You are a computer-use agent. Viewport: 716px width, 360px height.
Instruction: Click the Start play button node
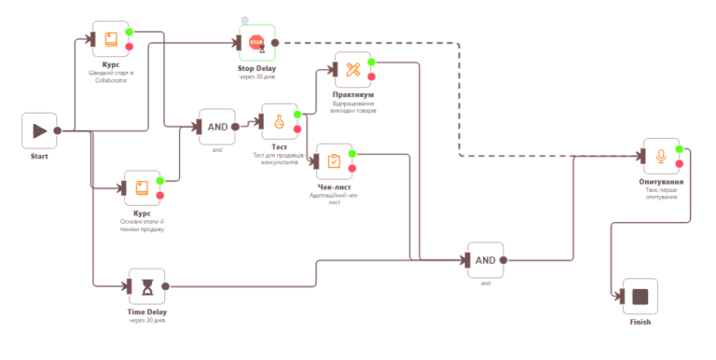click(x=39, y=131)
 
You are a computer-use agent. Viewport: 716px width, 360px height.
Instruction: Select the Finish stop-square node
click(x=640, y=297)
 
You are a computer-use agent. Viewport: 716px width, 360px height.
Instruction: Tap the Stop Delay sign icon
click(x=256, y=42)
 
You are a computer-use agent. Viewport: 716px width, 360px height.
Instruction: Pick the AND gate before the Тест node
click(x=216, y=127)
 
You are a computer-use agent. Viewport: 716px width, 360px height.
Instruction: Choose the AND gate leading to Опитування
click(x=485, y=260)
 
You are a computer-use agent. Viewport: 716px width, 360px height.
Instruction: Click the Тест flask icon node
click(x=279, y=121)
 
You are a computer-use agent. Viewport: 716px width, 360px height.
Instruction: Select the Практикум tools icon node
click(x=352, y=70)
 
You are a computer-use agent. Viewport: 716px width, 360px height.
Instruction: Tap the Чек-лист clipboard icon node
click(x=335, y=161)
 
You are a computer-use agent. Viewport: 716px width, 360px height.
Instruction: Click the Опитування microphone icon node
click(x=661, y=156)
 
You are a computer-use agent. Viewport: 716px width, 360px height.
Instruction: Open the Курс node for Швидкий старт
click(x=111, y=39)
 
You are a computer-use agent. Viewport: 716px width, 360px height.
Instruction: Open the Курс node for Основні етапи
click(x=142, y=187)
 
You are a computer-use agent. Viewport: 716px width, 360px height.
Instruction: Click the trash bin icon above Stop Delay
click(x=244, y=20)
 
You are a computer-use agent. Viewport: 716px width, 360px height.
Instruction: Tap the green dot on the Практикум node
click(x=371, y=62)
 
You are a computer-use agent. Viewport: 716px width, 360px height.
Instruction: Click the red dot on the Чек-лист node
click(x=353, y=170)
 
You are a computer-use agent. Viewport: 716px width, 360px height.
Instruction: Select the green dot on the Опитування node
click(x=680, y=148)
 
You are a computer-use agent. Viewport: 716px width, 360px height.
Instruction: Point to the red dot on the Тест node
click(x=297, y=130)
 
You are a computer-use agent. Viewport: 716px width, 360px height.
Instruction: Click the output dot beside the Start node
click(x=58, y=131)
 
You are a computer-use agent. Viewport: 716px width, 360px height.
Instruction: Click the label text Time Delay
click(x=146, y=312)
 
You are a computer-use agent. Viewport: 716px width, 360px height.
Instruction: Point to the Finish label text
click(x=640, y=322)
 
